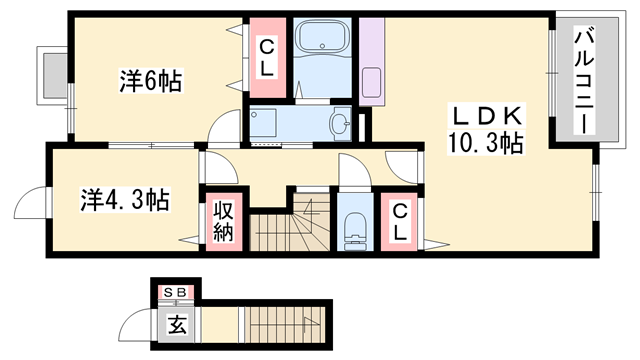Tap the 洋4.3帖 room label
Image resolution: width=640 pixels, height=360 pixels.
[x=125, y=199]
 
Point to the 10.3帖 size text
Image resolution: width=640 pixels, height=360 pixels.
[x=485, y=143]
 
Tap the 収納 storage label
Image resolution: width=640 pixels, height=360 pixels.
[x=222, y=223]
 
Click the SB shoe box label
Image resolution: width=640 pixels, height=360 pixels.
[x=175, y=291]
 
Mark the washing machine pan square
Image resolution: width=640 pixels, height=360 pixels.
[x=266, y=126]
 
